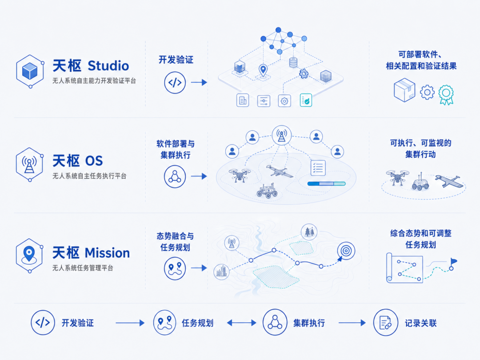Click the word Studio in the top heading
coord(108,66)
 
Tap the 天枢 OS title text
coord(78,161)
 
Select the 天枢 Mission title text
coord(91,253)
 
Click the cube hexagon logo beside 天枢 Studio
coord(30,71)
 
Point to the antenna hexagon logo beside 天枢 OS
coord(29,164)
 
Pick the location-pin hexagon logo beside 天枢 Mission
coord(29,256)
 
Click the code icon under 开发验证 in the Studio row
coord(175,82)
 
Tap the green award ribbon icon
coord(446,95)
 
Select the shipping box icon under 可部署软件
coord(404,90)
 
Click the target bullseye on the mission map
coord(346,251)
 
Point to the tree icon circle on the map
coord(309,232)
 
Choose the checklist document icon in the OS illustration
coord(318,168)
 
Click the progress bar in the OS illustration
coord(326,184)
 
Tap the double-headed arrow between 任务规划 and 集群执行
coord(241,323)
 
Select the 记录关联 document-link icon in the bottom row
coord(385,323)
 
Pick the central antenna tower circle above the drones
coord(282,135)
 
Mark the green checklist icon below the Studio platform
coord(306,100)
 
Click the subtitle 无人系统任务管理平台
coord(83,268)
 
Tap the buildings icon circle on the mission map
coord(222,272)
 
